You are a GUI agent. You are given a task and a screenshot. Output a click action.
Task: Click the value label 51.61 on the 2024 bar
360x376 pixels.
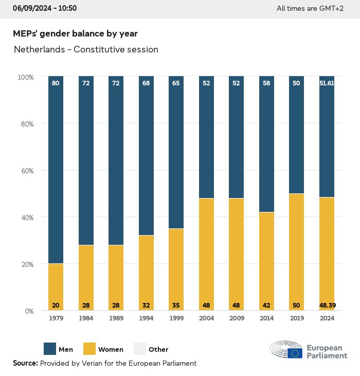[327, 83]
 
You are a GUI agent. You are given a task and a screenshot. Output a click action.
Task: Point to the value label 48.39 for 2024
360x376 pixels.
[327, 306]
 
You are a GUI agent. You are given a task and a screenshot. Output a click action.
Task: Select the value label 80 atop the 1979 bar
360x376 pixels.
[56, 83]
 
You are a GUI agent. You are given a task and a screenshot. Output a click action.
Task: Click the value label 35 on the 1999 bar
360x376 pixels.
[176, 306]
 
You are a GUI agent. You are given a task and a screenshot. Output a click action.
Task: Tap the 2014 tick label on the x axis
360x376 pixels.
[266, 318]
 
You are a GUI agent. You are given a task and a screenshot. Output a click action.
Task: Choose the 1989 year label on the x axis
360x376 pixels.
[116, 318]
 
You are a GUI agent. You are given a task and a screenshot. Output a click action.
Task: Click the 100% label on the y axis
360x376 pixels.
[25, 77]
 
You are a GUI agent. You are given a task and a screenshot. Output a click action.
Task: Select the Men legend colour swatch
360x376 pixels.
[49, 349]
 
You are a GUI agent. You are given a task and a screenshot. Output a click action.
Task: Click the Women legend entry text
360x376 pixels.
[111, 350]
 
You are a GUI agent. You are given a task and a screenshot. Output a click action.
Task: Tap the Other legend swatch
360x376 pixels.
[140, 349]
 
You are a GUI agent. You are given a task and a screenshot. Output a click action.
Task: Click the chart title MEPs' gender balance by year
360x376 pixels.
[75, 33]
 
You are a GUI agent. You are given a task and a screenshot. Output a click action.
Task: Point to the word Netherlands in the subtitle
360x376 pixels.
[41, 50]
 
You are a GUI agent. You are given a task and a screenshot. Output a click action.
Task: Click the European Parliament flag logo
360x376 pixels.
[295, 352]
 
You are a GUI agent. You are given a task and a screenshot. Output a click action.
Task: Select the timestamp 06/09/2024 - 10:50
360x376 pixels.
[45, 8]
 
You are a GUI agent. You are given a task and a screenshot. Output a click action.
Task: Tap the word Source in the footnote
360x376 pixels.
[25, 363]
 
